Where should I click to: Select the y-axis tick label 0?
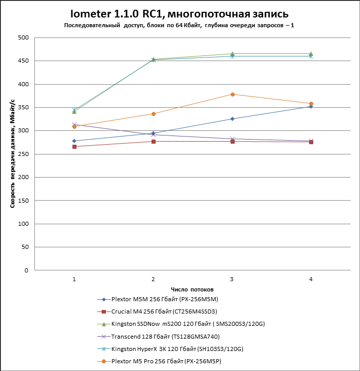[x=26, y=270]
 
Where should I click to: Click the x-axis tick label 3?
[x=232, y=279]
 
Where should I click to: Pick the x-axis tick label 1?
[x=74, y=279]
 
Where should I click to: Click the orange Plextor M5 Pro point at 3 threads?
[x=232, y=94]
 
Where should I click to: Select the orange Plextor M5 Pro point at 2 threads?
[x=154, y=114]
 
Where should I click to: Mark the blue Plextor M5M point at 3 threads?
[x=232, y=119]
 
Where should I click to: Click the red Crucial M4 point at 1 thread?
[x=74, y=147]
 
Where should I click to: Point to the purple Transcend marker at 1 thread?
[x=74, y=125]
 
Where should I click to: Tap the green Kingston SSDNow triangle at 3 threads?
[x=232, y=54]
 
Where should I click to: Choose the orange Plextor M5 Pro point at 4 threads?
[x=311, y=104]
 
